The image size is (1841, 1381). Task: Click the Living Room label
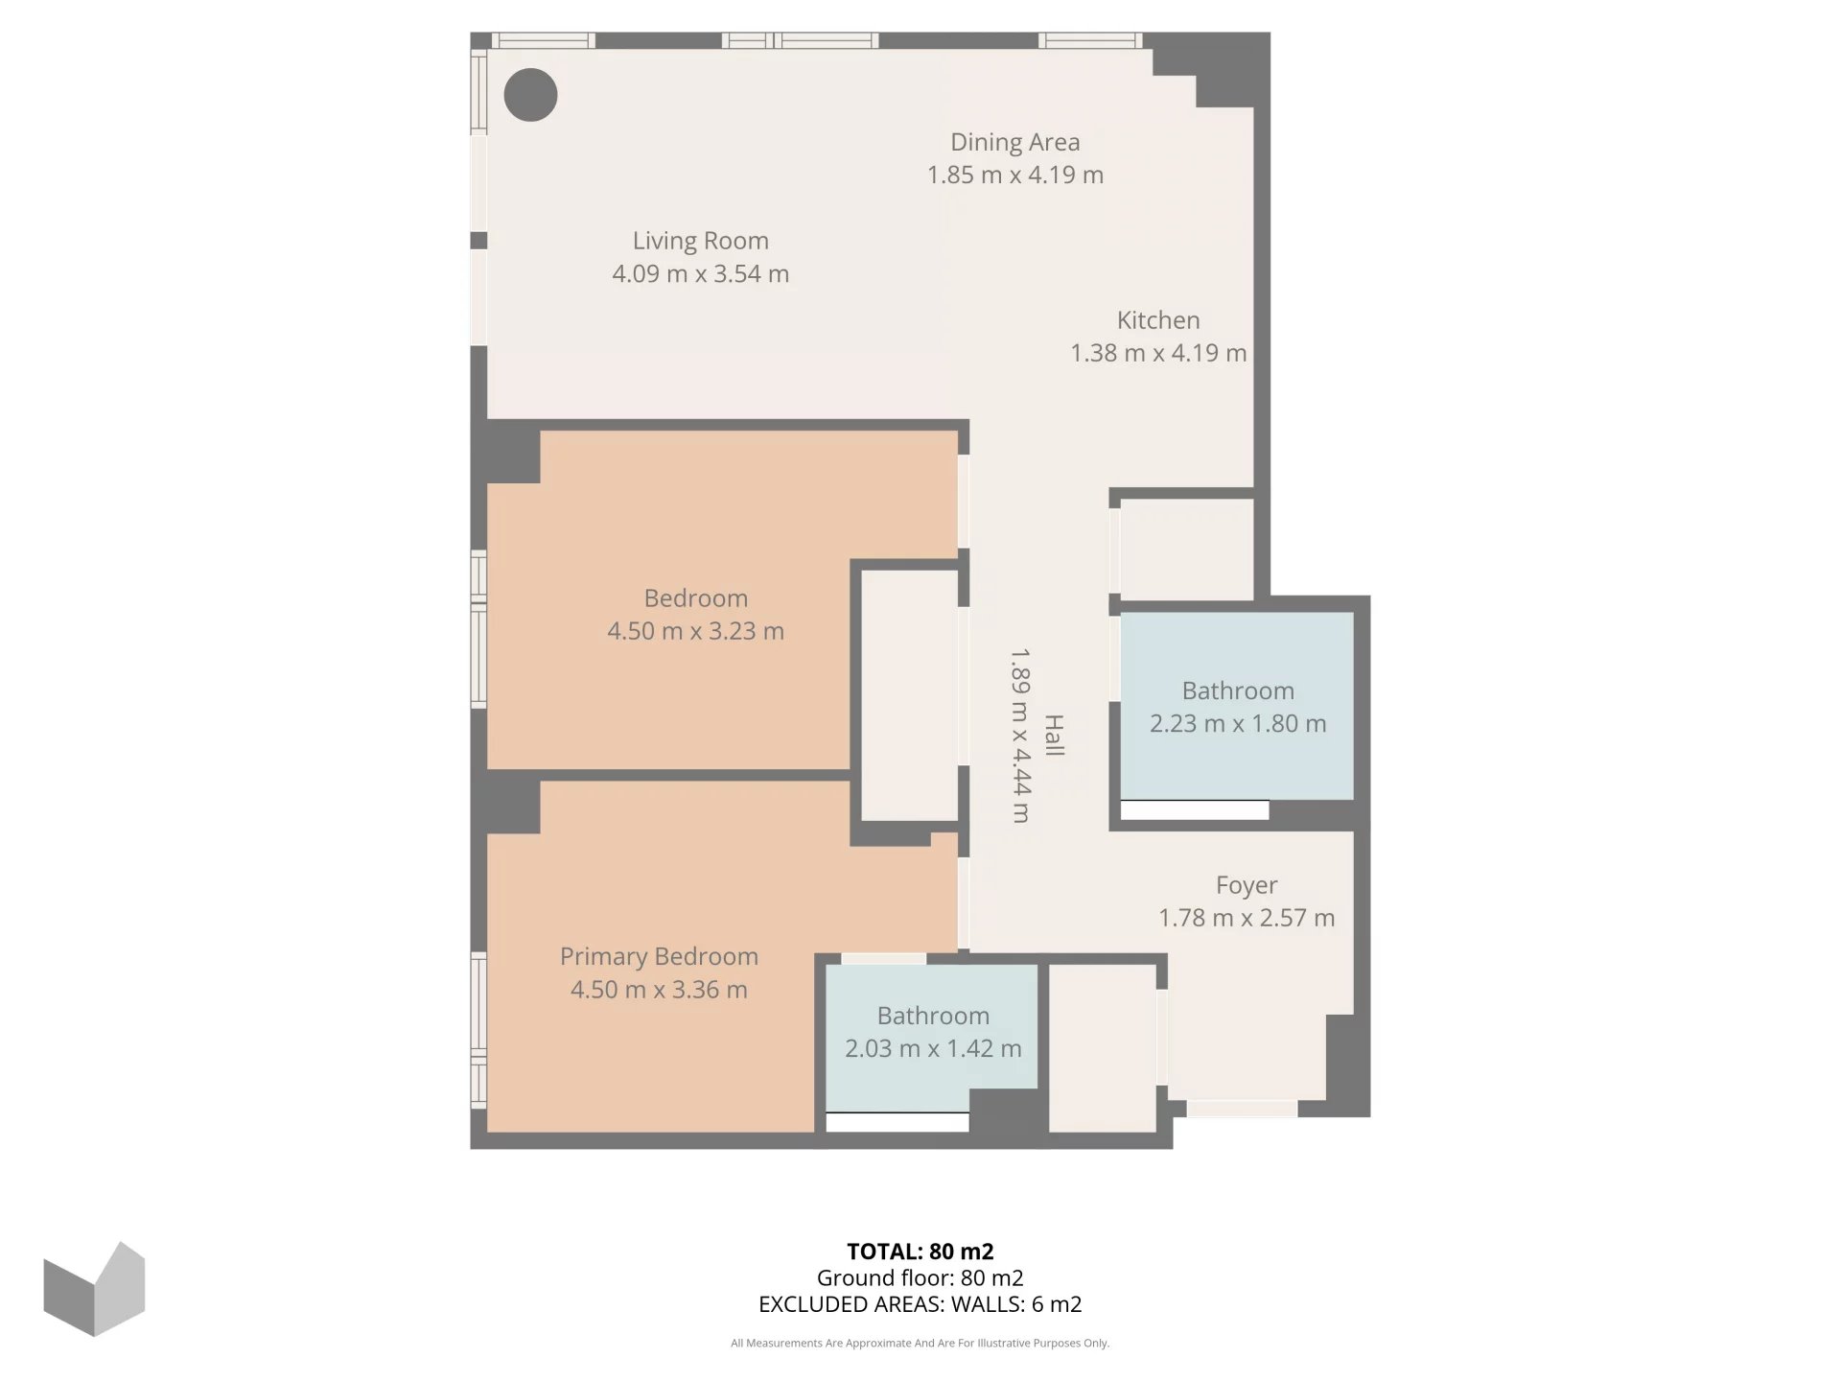[700, 241]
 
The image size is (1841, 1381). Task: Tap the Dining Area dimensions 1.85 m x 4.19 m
[1015, 175]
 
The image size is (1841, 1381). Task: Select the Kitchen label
[1158, 320]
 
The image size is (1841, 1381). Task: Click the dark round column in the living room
[530, 95]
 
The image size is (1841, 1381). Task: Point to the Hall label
[1054, 736]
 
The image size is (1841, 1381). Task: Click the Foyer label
[1247, 885]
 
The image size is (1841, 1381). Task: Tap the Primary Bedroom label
[659, 956]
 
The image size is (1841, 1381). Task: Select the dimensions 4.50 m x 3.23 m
[696, 631]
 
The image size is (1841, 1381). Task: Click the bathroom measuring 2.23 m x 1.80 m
[1237, 706]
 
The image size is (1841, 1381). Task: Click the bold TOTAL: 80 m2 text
[920, 1252]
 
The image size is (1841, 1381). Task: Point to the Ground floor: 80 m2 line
[920, 1277]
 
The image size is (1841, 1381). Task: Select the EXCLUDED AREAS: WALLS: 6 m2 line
[920, 1304]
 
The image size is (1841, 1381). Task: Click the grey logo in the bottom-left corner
[94, 1289]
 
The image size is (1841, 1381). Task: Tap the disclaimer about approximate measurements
[920, 1344]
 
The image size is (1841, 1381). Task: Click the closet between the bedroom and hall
[909, 695]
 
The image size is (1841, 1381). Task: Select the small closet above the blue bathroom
[1187, 549]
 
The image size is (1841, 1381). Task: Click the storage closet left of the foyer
[1103, 1047]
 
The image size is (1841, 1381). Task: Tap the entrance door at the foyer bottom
[1242, 1109]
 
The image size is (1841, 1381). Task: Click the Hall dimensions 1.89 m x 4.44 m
[1020, 736]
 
